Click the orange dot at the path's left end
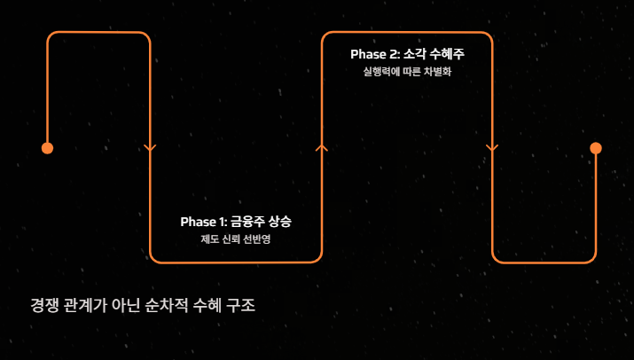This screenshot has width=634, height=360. click(48, 148)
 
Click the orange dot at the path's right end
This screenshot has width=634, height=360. click(596, 148)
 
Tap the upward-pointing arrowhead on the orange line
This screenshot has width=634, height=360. click(322, 147)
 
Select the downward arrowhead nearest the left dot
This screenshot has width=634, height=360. click(150, 148)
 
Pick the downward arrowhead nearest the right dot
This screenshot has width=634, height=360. click(492, 148)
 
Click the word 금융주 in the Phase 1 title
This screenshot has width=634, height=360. click(249, 222)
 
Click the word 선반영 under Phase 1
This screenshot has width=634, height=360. click(254, 239)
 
